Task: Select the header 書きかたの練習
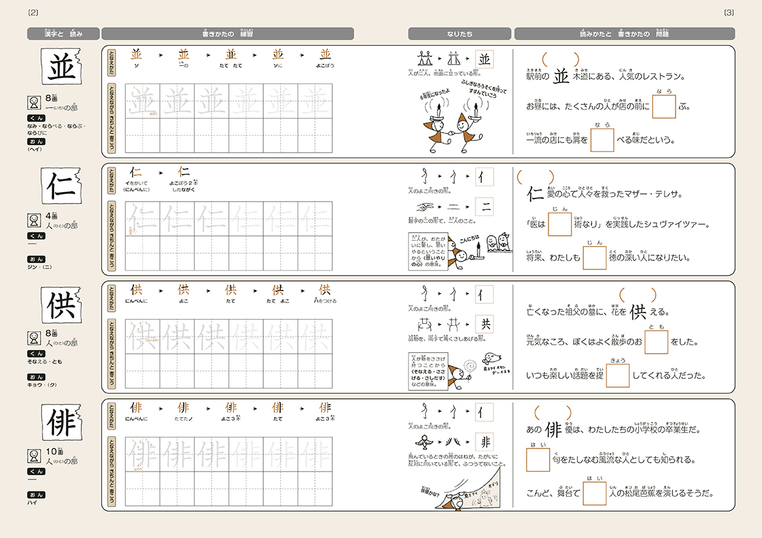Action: click(227, 34)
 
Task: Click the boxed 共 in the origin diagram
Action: click(485, 323)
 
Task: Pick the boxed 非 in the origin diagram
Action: click(485, 441)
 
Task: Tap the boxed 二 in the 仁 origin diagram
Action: click(485, 206)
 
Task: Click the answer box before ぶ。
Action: click(663, 107)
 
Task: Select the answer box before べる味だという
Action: click(602, 140)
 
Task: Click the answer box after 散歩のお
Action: click(656, 342)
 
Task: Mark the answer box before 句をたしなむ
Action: click(537, 460)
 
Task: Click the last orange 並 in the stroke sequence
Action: click(325, 55)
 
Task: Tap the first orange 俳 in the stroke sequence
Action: click(136, 408)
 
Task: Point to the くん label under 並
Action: click(35, 119)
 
